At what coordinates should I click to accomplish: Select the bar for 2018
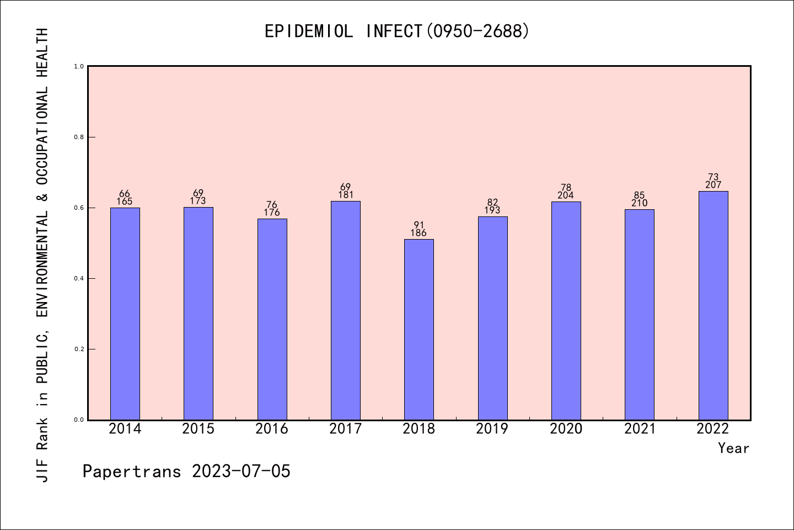(419, 329)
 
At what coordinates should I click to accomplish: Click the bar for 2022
(713, 305)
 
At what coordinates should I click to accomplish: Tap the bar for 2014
(125, 314)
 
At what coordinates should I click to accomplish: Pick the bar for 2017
(346, 310)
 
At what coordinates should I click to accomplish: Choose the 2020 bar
(566, 311)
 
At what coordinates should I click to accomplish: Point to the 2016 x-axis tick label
(272, 429)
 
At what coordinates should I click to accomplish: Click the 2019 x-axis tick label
(492, 429)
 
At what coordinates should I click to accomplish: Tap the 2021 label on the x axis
(640, 429)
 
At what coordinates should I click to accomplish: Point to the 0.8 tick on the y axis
(79, 137)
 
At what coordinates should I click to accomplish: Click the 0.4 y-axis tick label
(79, 278)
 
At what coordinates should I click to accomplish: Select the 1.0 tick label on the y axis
(79, 66)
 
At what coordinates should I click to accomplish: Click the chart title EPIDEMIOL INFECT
(397, 31)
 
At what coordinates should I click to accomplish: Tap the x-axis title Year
(733, 448)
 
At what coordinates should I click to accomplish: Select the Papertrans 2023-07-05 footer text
(186, 471)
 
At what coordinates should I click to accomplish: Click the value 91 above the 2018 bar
(419, 225)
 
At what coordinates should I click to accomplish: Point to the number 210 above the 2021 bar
(640, 203)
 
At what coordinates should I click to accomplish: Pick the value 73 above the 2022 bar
(713, 177)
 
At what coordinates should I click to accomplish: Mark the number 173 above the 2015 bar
(198, 201)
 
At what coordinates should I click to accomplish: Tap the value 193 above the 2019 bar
(492, 210)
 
